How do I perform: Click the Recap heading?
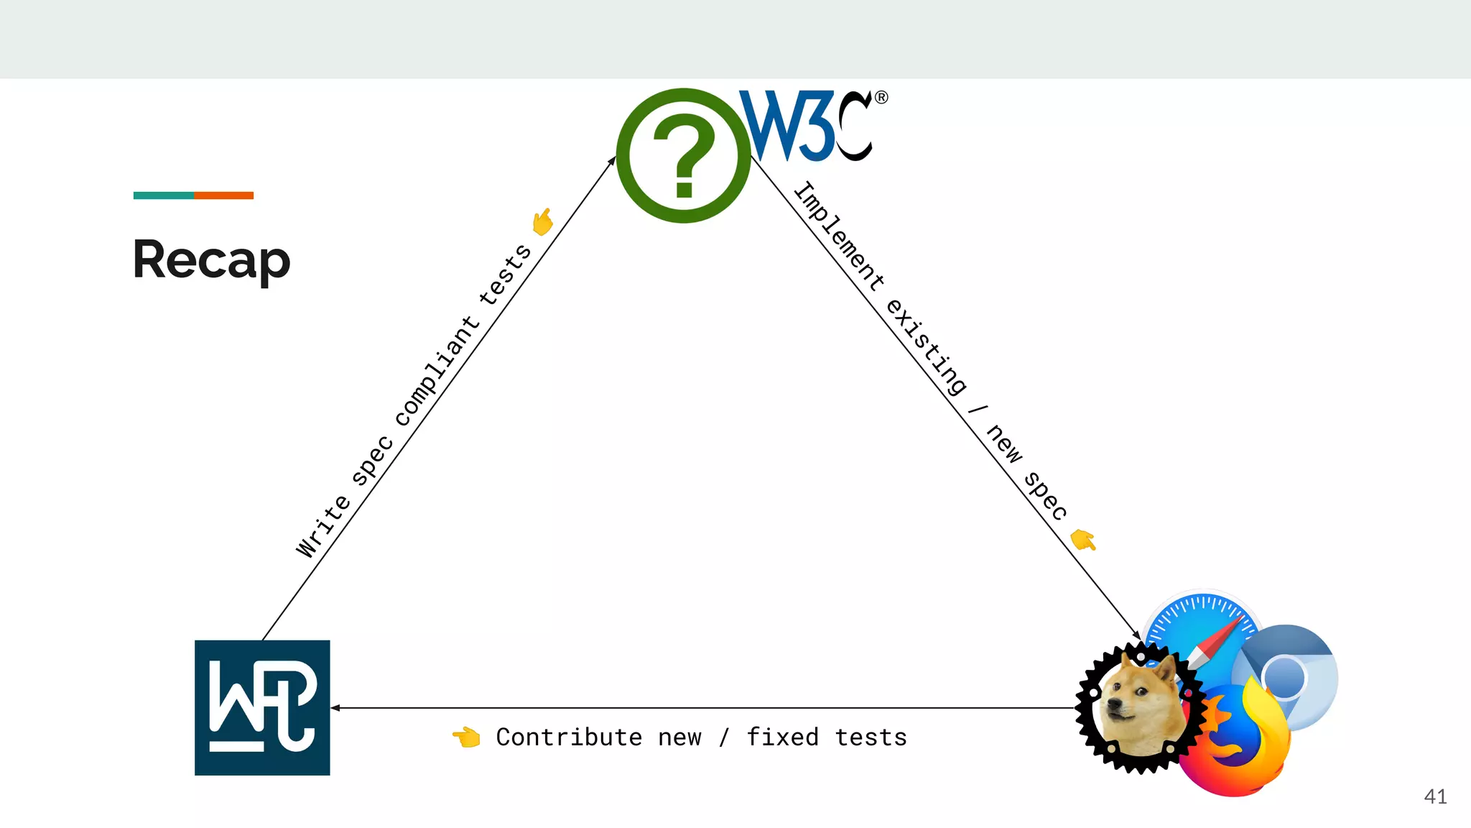click(x=211, y=260)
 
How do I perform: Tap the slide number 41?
click(x=1435, y=796)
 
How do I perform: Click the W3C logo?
click(x=812, y=126)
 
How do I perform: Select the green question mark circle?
click(x=683, y=156)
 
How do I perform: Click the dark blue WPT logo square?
click(x=262, y=707)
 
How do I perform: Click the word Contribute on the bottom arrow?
click(x=569, y=737)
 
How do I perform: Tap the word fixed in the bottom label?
click(x=782, y=737)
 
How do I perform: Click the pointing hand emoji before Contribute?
click(x=466, y=737)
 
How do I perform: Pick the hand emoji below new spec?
click(x=1083, y=539)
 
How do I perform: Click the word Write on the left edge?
click(x=323, y=526)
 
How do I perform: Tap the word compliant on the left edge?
click(x=437, y=371)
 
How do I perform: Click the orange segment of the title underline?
click(x=223, y=195)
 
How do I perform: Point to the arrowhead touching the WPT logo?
click(x=335, y=708)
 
